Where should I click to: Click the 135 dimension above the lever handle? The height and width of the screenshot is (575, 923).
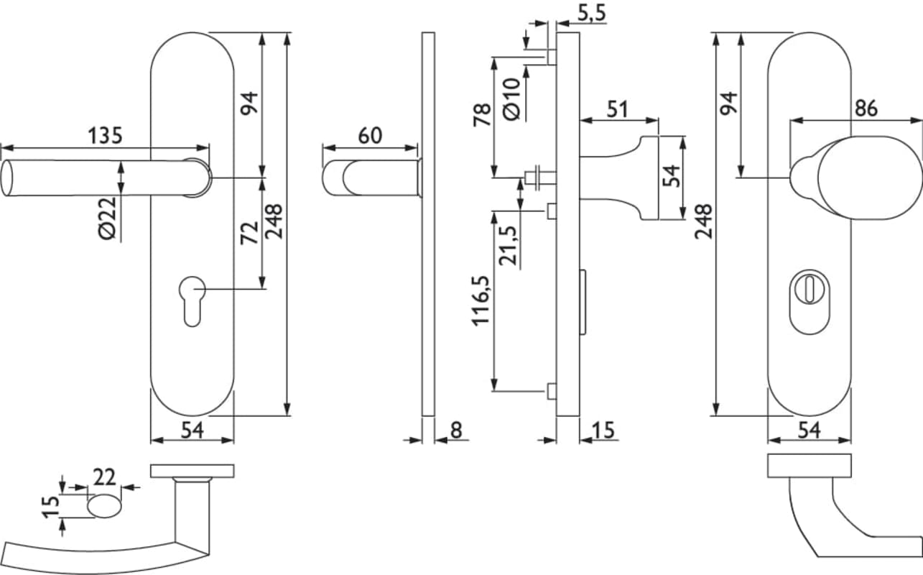(105, 135)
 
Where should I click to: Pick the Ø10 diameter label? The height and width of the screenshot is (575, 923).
(511, 98)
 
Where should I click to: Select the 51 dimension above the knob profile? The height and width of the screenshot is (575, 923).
(617, 109)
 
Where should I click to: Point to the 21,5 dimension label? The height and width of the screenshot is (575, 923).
(508, 246)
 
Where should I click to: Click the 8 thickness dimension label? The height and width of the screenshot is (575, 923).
(455, 430)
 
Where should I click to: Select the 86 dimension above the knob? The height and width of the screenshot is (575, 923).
(866, 109)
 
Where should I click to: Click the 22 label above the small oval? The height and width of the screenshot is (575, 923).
(105, 476)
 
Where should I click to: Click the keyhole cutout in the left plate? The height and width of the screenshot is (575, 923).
(192, 301)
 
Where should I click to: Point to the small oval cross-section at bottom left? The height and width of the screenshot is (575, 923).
(105, 506)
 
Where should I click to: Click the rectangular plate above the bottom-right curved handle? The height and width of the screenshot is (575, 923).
(810, 466)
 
